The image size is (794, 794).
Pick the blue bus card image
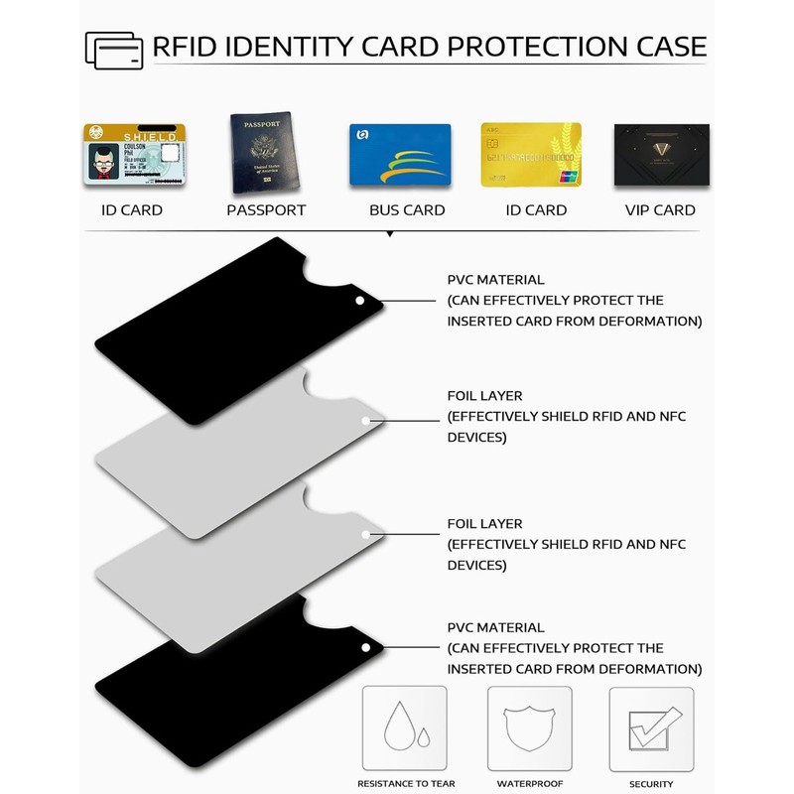coord(401,155)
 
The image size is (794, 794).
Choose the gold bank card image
coord(531,155)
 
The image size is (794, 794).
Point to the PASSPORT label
coord(266,210)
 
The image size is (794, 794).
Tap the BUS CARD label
coord(407,210)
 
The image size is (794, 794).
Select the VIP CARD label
coord(660,210)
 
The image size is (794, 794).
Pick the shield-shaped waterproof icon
coord(529,730)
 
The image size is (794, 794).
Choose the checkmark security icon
coord(651,730)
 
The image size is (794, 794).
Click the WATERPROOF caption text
coord(530,784)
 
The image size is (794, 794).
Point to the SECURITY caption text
coord(651,784)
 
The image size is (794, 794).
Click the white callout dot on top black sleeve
coord(359,300)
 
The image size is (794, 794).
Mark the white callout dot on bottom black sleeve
coord(365,648)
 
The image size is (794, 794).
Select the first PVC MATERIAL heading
coord(496,280)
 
